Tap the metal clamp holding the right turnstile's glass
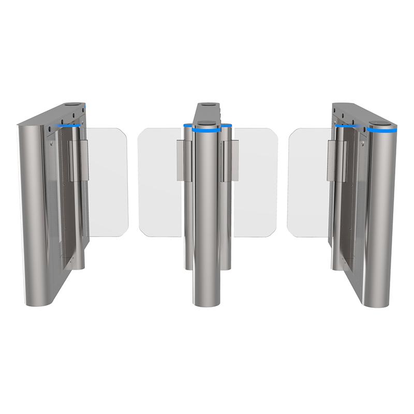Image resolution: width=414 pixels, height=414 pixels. click(x=337, y=160)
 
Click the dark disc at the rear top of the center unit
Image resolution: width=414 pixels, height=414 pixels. click(x=209, y=105)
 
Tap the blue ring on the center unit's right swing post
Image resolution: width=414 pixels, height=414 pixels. click(x=226, y=126)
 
